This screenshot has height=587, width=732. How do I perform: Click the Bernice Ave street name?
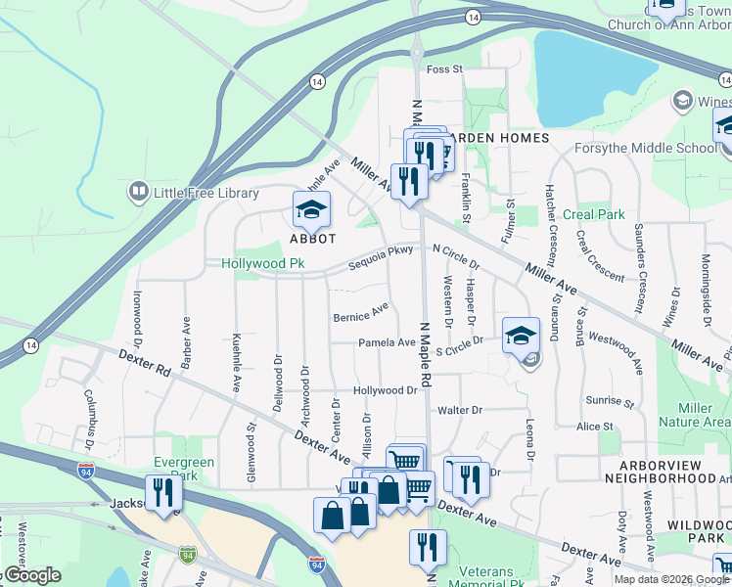pos(360,313)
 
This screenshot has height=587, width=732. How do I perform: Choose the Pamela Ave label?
pos(387,342)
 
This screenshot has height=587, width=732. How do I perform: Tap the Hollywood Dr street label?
pos(386,390)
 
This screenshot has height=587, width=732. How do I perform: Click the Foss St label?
pos(443,69)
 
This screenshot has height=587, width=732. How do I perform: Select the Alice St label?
pos(595,427)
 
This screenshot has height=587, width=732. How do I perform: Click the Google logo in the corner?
pos(31,575)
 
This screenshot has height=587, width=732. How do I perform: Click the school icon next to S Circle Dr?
pos(521,335)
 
